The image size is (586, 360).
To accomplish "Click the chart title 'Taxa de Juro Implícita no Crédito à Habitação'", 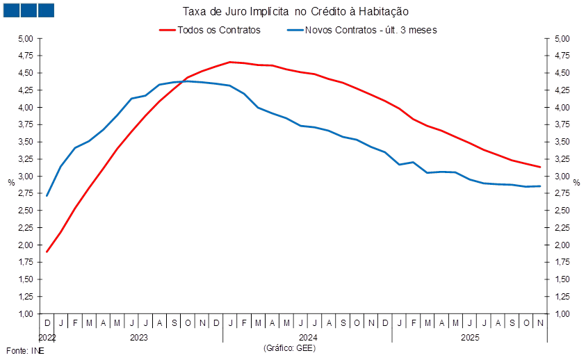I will (295, 11).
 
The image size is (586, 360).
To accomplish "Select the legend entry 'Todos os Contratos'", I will (219, 30).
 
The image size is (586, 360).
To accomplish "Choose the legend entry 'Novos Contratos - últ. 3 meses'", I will (371, 30).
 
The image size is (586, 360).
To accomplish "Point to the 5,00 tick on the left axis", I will (26, 39).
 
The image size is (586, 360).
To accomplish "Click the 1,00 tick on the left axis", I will (26, 314).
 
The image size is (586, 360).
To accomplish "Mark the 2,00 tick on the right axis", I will (562, 245).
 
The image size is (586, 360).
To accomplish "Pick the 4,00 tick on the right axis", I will (562, 108).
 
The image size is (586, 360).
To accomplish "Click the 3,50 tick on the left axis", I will (26, 142).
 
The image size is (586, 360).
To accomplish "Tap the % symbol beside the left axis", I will (11, 182).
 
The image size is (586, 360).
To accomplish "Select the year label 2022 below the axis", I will (46, 337).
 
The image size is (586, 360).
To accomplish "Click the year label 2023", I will (138, 337).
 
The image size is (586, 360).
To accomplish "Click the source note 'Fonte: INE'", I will (25, 351).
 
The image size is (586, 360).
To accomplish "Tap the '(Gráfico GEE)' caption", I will (290, 347).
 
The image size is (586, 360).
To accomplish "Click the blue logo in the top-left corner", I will (28, 10).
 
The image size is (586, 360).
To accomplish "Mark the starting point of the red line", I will (47, 251).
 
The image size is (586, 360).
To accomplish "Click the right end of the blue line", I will (540, 186).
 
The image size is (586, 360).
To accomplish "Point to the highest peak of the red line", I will (231, 62).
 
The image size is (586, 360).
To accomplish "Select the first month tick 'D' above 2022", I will (47, 323).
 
